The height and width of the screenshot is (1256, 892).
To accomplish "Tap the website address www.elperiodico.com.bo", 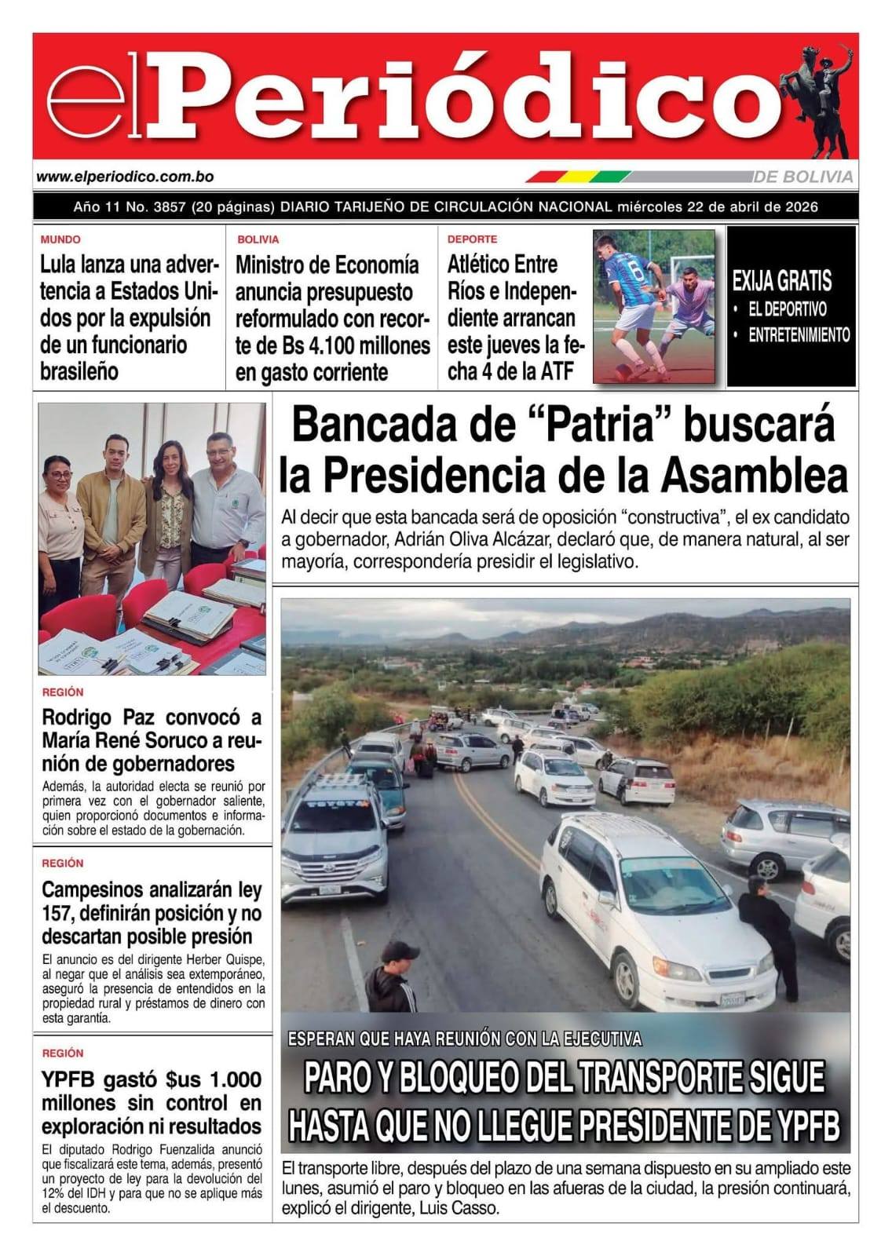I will point(125,178).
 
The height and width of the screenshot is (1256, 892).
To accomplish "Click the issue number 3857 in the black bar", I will point(170,207).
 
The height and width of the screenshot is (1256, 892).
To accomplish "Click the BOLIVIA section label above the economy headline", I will point(258,239).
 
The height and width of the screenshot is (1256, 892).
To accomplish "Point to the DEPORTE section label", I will point(472,239).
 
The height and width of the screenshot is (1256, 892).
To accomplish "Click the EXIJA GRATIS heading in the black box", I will point(781,281).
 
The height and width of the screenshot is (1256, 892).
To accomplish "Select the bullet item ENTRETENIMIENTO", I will point(799,335).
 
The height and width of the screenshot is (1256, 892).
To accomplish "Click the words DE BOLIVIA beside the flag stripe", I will point(806,177).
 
